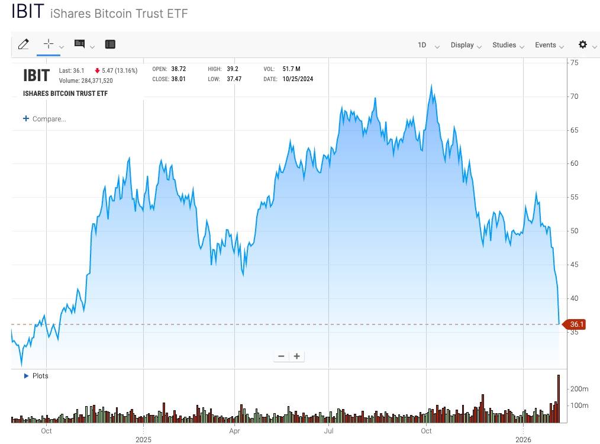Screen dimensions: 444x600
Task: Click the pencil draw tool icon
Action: tap(24, 44)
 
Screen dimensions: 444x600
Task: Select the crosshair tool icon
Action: tap(49, 44)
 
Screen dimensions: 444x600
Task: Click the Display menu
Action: tap(466, 45)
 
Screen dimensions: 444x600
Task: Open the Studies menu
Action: tap(508, 45)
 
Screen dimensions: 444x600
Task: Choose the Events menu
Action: tap(549, 45)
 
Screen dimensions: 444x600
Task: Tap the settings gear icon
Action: tap(583, 44)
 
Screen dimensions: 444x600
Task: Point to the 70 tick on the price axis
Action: tap(573, 96)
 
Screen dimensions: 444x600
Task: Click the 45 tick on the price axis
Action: tap(573, 265)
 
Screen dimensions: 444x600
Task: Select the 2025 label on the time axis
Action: tap(143, 439)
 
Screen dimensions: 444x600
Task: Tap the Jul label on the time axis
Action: tap(328, 430)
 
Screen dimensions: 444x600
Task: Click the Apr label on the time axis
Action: tap(235, 430)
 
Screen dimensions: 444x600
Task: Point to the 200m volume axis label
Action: tap(579, 389)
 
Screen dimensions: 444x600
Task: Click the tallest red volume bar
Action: tap(558, 398)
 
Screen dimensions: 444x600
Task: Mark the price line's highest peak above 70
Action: tap(431, 86)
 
